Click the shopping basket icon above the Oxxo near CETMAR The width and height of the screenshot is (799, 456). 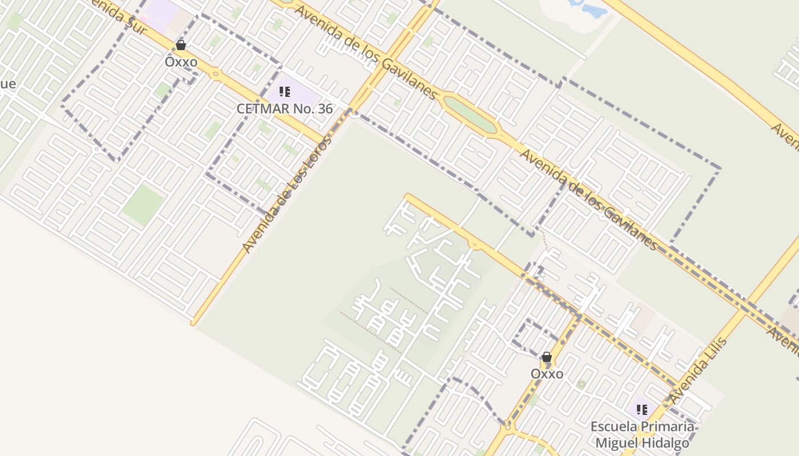tap(181, 45)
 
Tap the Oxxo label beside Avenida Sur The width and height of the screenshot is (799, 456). tap(181, 62)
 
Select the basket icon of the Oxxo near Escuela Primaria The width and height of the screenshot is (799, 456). tap(547, 357)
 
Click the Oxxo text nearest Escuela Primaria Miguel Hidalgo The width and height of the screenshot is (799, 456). tap(547, 374)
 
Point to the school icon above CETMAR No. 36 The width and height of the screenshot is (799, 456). tap(285, 92)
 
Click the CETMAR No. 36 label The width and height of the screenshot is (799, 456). tap(284, 108)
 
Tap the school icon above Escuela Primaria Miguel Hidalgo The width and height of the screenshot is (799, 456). tap(642, 409)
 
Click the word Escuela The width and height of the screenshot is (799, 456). tap(612, 426)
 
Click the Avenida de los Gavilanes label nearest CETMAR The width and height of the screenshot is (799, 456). tap(366, 51)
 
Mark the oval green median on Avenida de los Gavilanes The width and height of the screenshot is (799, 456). tap(470, 115)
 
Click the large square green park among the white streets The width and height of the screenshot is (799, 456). tap(143, 204)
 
